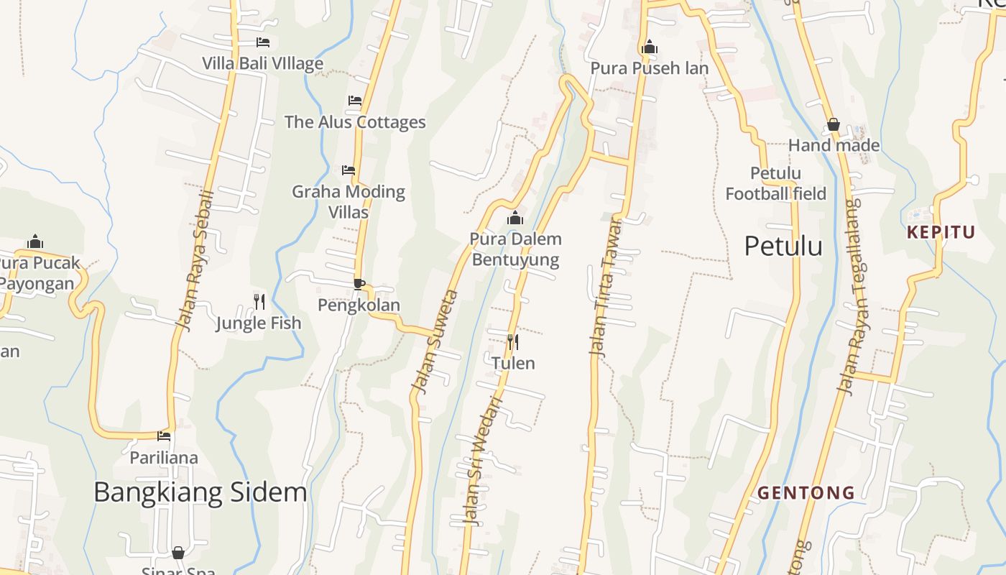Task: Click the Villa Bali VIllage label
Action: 262,63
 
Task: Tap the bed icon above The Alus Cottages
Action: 355,101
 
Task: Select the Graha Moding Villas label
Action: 349,201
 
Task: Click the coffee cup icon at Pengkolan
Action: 359,284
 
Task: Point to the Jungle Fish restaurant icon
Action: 259,301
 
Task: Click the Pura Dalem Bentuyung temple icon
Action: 514,218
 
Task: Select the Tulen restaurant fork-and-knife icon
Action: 512,341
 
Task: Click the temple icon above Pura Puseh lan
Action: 650,48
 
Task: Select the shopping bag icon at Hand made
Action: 834,125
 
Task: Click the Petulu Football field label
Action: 775,183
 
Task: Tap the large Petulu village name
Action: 783,246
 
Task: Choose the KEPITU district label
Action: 941,232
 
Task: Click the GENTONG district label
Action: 806,493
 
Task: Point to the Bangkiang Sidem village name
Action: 200,492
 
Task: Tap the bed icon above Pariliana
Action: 165,436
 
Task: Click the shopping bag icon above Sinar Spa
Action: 178,553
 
